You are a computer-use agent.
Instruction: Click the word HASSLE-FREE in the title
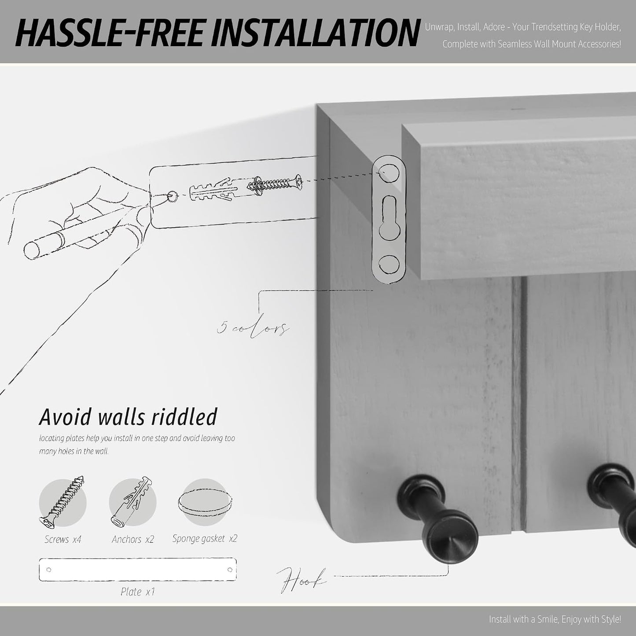click(x=108, y=33)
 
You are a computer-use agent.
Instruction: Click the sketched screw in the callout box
click(x=275, y=186)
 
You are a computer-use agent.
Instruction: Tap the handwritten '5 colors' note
click(x=253, y=328)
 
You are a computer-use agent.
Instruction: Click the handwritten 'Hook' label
click(x=301, y=581)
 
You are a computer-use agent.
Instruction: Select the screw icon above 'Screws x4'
click(x=62, y=502)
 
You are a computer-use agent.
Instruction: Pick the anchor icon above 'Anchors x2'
click(x=132, y=502)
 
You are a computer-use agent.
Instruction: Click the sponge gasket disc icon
click(x=205, y=502)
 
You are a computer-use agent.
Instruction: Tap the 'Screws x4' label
click(x=62, y=539)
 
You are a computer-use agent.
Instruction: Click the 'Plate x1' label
click(x=138, y=592)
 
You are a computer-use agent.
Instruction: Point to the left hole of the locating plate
click(x=49, y=570)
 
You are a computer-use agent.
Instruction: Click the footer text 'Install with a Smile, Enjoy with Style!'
click(x=555, y=619)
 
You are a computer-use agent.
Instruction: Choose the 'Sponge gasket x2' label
click(x=205, y=539)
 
